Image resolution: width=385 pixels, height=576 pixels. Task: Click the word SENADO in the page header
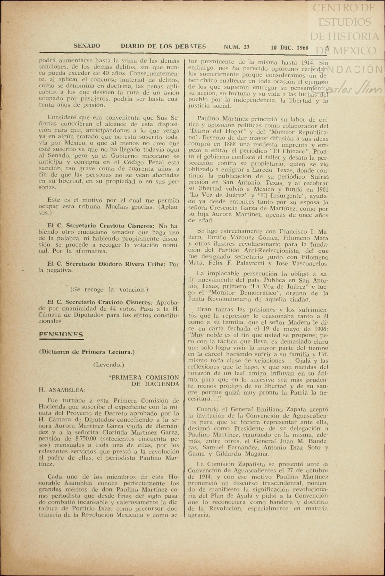coord(87,46)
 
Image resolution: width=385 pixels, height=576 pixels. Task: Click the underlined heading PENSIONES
coord(61,335)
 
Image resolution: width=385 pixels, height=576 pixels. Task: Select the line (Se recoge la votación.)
coord(109,289)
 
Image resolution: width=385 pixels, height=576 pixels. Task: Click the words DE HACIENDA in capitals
coord(155,384)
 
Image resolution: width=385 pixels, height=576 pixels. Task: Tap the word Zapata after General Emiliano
coord(295,409)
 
